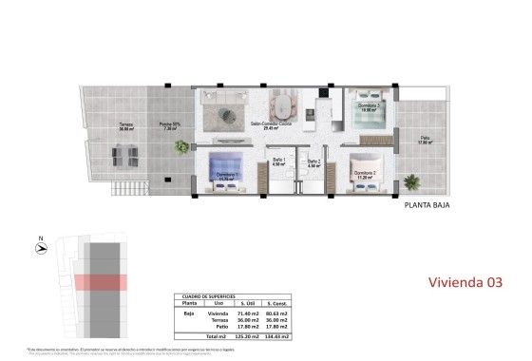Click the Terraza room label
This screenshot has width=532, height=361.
point(125,124)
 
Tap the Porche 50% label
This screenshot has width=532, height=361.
point(170,124)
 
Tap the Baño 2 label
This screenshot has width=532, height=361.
point(314,161)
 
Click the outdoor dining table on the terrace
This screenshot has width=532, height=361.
point(123,153)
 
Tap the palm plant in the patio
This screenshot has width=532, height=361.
point(411,181)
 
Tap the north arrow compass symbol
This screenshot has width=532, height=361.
point(39,248)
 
